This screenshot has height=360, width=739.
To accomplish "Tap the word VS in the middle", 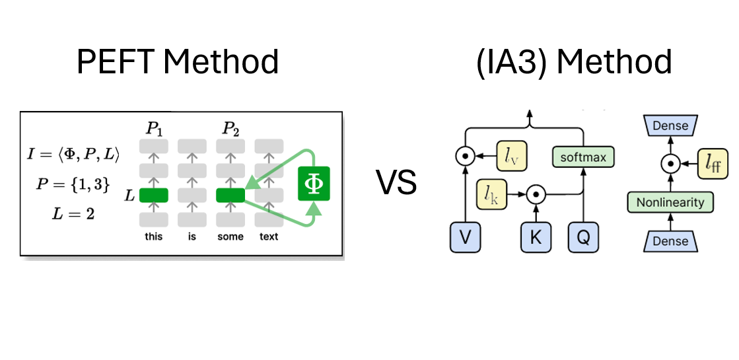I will [397, 182].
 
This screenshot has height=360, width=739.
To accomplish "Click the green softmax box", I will [583, 157].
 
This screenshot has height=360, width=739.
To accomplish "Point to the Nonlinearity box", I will [670, 202].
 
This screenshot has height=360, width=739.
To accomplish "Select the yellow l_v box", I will [511, 157].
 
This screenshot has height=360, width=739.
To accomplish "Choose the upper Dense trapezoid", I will [670, 126].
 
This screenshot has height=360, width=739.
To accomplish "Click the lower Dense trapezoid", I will [670, 242].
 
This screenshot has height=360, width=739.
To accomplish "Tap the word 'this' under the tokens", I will [153, 236].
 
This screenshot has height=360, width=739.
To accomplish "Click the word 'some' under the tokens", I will [230, 236].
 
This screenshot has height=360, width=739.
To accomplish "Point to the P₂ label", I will [230, 129].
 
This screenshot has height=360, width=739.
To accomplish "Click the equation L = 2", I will [73, 214].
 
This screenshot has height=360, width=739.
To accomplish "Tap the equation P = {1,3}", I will [73, 184].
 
